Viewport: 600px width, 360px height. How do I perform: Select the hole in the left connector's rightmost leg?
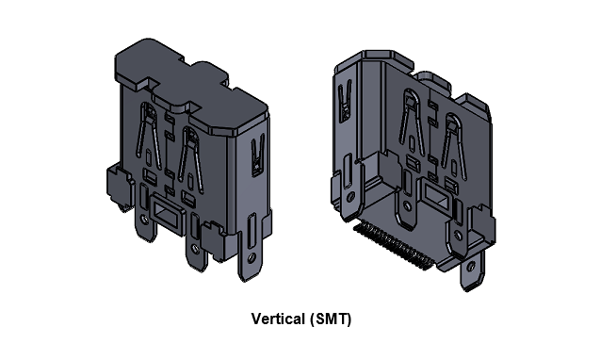(x=251, y=256)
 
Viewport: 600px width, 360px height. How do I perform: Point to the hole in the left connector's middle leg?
(x=196, y=248)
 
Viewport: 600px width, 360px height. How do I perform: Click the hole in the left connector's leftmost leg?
(x=143, y=220)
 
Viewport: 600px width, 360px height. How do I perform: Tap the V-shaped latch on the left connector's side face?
(x=257, y=154)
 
